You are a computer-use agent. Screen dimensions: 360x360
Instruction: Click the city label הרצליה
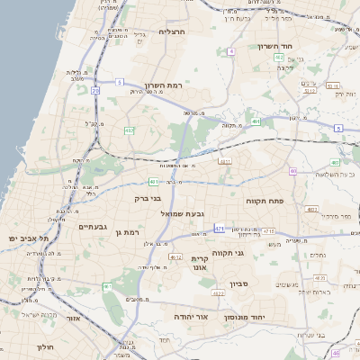[x=171, y=31]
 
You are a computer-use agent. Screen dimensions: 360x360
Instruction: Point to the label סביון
[x=251, y=283]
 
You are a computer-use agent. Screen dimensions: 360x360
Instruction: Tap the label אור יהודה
[x=190, y=318]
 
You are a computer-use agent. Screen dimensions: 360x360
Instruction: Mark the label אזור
[x=74, y=318]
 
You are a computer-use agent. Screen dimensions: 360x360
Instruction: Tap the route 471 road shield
[x=220, y=229]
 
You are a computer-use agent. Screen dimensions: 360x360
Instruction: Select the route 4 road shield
[x=230, y=51]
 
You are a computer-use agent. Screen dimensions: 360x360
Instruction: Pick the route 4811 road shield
[x=224, y=162]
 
